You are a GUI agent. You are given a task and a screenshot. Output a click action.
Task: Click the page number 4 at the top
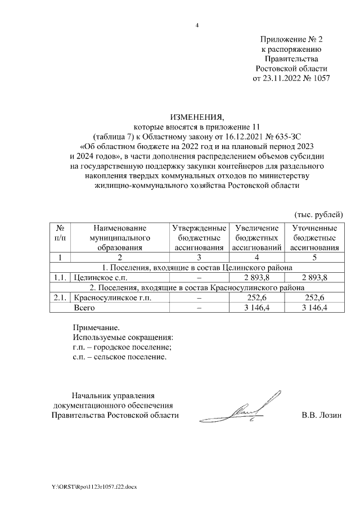tap(197, 25)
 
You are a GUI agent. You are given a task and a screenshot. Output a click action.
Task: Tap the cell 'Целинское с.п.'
tap(97, 277)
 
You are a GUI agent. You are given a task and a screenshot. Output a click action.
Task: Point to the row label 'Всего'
tap(84, 308)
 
